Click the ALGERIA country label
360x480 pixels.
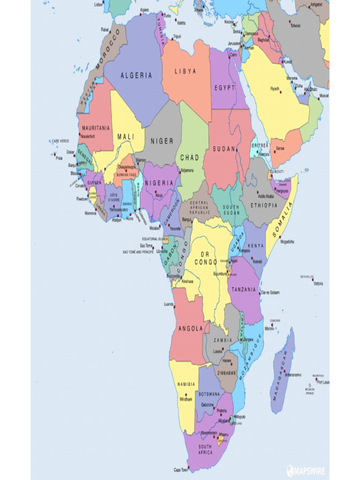136,75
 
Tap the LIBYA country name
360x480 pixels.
186,72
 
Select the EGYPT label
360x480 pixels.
225,88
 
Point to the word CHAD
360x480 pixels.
190,158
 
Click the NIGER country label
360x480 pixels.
162,141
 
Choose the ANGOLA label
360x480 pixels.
190,329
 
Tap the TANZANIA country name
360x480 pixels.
244,289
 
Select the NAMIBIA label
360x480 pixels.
186,384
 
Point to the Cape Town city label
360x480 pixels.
181,469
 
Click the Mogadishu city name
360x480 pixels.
287,242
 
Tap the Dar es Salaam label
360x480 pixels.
270,292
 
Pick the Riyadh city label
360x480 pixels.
275,89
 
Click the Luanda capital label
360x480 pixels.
169,304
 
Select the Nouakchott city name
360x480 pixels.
88,136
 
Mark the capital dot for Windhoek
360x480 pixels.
186,395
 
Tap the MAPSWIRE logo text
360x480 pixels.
309,471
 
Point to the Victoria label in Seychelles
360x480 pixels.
318,284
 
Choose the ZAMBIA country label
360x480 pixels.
223,341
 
